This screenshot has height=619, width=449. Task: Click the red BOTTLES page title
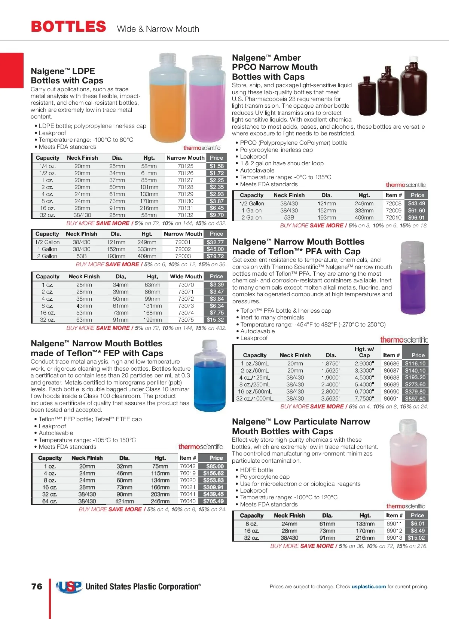(68, 27)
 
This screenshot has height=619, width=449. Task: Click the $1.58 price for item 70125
(217, 166)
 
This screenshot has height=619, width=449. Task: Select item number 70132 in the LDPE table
(186, 215)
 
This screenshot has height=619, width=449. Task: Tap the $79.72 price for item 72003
(215, 256)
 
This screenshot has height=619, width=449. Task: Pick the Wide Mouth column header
(186, 276)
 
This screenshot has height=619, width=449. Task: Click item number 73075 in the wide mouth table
(186, 320)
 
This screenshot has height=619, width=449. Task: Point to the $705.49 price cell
(213, 501)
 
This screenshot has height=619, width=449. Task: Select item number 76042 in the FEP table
(187, 466)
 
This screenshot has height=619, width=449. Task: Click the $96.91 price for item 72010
(416, 218)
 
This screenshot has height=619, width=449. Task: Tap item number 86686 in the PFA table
(391, 364)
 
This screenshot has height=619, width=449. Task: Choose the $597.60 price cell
(415, 399)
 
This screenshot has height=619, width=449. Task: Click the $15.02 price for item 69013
(416, 538)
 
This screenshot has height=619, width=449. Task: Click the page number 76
(37, 586)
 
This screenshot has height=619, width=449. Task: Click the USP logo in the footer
(69, 586)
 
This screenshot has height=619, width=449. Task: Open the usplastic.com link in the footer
(369, 586)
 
